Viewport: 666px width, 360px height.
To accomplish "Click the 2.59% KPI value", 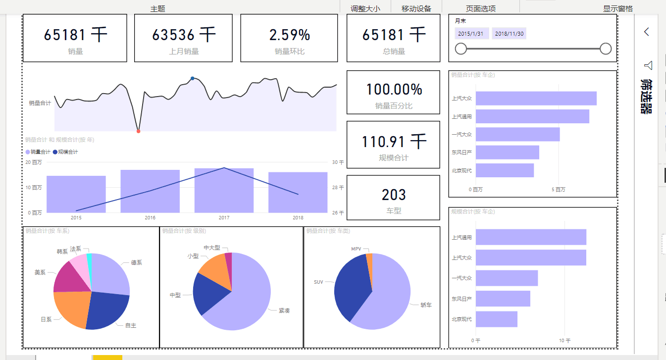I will [290, 35].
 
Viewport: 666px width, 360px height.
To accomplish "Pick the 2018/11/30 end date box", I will [509, 34].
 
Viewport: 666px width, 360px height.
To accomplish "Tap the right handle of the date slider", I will [606, 49].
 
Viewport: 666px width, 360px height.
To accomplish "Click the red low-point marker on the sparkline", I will [138, 131].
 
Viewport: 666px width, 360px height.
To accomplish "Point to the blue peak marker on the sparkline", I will [192, 78].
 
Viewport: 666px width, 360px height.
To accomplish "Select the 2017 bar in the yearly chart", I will [224, 191].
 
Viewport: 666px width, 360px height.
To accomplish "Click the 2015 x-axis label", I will [76, 217].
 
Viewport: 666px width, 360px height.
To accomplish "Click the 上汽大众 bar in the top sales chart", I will [536, 99].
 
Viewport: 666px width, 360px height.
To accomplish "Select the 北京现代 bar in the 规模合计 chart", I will [496, 319].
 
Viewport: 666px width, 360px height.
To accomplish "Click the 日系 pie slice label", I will [46, 319].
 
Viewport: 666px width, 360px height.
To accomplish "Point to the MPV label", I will [356, 249].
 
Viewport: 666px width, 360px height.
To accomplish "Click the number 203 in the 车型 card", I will [394, 195].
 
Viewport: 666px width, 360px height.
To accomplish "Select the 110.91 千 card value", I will [394, 142].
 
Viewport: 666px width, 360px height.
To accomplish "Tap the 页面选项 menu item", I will [480, 8].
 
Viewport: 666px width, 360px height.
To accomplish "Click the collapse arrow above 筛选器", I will [647, 32].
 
